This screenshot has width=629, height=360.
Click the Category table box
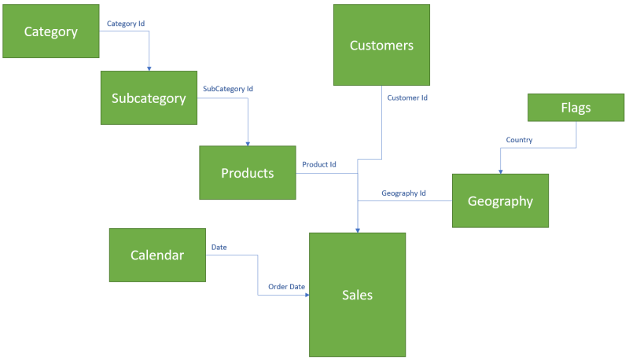51,31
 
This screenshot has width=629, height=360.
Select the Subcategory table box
149,98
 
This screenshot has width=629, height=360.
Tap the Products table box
248,173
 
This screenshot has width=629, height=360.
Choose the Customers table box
381,45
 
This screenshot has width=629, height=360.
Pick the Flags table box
576,108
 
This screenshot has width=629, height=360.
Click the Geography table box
500,200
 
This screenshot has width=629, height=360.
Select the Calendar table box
157,255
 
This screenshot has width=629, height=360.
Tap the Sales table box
357,295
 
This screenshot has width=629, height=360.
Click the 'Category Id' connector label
126,24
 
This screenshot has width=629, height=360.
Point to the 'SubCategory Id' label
228,89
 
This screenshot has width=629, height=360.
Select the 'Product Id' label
319,164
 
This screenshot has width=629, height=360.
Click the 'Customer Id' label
407,97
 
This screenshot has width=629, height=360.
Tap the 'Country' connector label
519,140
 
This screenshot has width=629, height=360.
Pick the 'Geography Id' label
403,193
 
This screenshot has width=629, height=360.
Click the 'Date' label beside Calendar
219,247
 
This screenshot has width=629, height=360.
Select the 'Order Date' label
286,287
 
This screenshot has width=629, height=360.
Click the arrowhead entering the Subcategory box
149,68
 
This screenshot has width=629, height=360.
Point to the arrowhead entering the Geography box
500,170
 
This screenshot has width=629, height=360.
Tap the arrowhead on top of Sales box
358,230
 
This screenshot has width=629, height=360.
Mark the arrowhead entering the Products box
248,142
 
